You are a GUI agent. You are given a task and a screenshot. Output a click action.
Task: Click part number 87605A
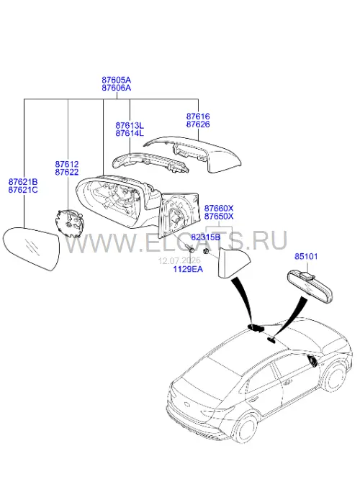pos(116,80)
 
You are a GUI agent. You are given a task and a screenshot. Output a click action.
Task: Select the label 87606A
pos(116,88)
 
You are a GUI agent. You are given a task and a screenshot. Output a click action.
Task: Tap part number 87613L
pos(130,125)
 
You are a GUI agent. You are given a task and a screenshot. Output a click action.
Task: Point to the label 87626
pos(198,124)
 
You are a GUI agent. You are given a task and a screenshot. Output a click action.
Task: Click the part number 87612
pos(66,164)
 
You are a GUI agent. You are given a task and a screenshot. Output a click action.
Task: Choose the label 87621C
pos(23,190)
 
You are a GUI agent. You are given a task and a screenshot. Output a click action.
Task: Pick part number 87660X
pos(219,208)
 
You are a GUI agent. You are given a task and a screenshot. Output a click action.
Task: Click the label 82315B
pos(206,237)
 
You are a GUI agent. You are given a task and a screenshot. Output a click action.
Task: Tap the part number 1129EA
pos(188,269)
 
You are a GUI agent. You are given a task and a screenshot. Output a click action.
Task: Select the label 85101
pos(306,256)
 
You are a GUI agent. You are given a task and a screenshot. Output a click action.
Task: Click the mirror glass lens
pos(31,248)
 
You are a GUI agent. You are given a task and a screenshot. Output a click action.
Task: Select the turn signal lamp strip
pos(150,163)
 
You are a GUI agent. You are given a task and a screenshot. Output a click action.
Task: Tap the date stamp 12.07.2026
pos(179,261)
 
